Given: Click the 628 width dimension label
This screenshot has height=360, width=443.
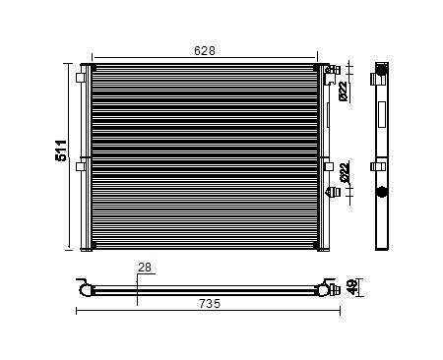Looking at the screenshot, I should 205,50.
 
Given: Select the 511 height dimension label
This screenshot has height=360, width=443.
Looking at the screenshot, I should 61,151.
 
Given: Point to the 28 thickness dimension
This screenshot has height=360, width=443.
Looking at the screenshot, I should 146,267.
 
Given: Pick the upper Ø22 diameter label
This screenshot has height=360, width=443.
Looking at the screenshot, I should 344,90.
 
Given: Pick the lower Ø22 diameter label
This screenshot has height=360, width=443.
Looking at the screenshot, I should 344,172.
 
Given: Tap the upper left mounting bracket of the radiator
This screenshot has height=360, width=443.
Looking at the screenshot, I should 80,78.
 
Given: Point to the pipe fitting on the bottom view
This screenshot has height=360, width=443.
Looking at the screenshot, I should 326,289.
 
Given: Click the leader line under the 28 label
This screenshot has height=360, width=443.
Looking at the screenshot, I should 139,280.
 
